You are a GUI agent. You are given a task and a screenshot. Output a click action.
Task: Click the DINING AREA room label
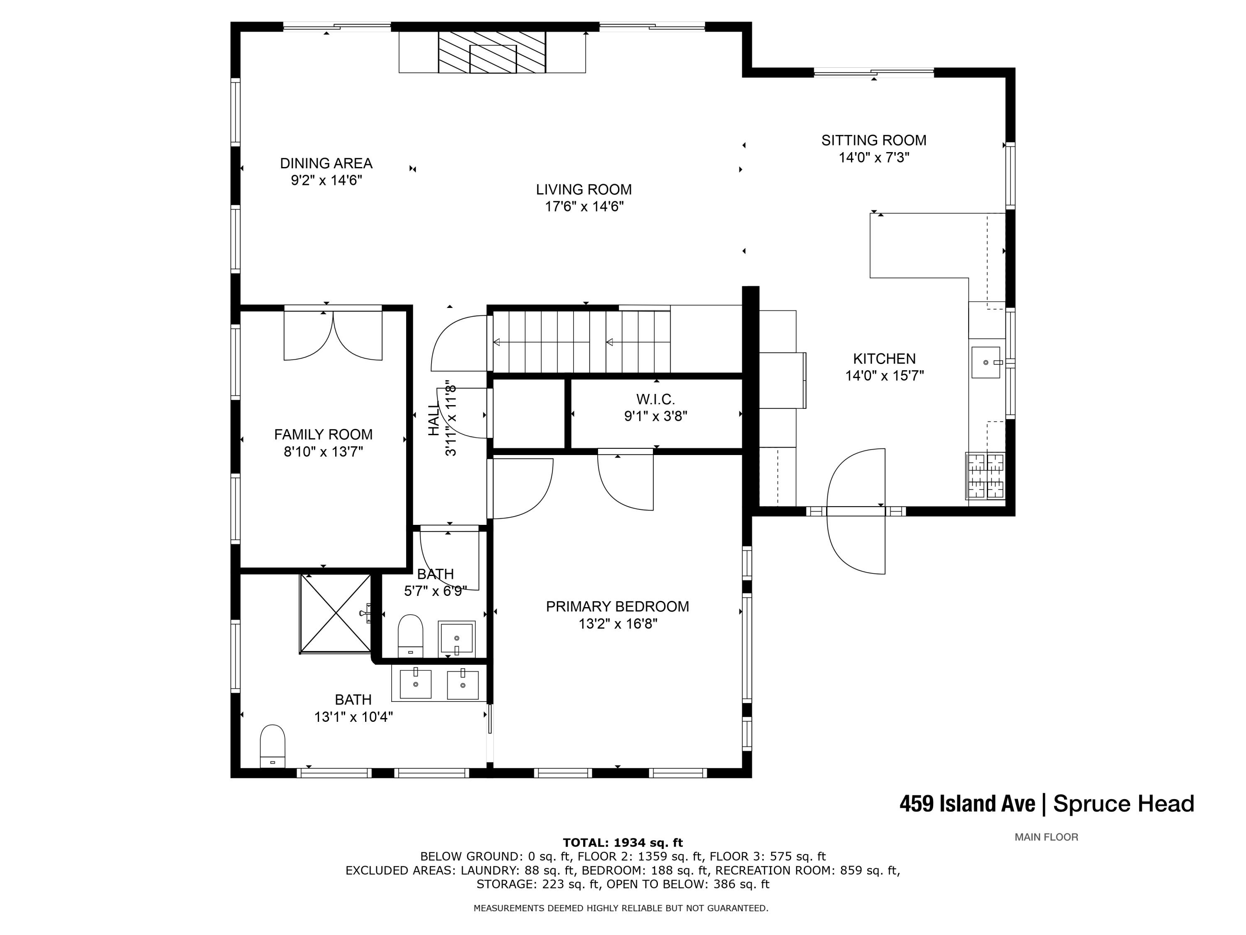pos(326,163)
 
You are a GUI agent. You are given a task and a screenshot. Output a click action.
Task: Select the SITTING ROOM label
pos(874,140)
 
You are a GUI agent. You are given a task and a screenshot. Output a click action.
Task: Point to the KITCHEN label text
pos(884,359)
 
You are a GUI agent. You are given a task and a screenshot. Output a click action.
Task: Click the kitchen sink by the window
pos(986,362)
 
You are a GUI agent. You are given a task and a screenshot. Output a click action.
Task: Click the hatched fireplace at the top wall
pos(492,52)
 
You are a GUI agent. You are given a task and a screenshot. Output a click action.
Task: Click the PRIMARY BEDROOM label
pos(617,606)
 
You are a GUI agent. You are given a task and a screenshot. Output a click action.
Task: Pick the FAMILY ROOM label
pos(323,435)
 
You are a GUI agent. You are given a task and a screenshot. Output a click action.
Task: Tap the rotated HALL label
pos(433,419)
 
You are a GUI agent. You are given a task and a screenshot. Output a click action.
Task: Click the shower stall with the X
pos(335,614)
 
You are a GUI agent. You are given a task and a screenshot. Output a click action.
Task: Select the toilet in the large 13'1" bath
pos(272,746)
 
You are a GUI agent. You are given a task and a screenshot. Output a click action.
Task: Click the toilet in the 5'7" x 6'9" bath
pos(411,636)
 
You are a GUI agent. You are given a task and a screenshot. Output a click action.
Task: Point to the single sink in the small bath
pos(457,639)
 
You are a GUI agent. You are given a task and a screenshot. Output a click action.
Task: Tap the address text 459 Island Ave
pos(967,804)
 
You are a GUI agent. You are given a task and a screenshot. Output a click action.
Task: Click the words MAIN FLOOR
pos(1046,837)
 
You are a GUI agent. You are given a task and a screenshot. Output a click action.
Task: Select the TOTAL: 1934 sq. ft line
pos(623,843)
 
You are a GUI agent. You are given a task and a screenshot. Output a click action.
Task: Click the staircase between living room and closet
pos(582,342)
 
